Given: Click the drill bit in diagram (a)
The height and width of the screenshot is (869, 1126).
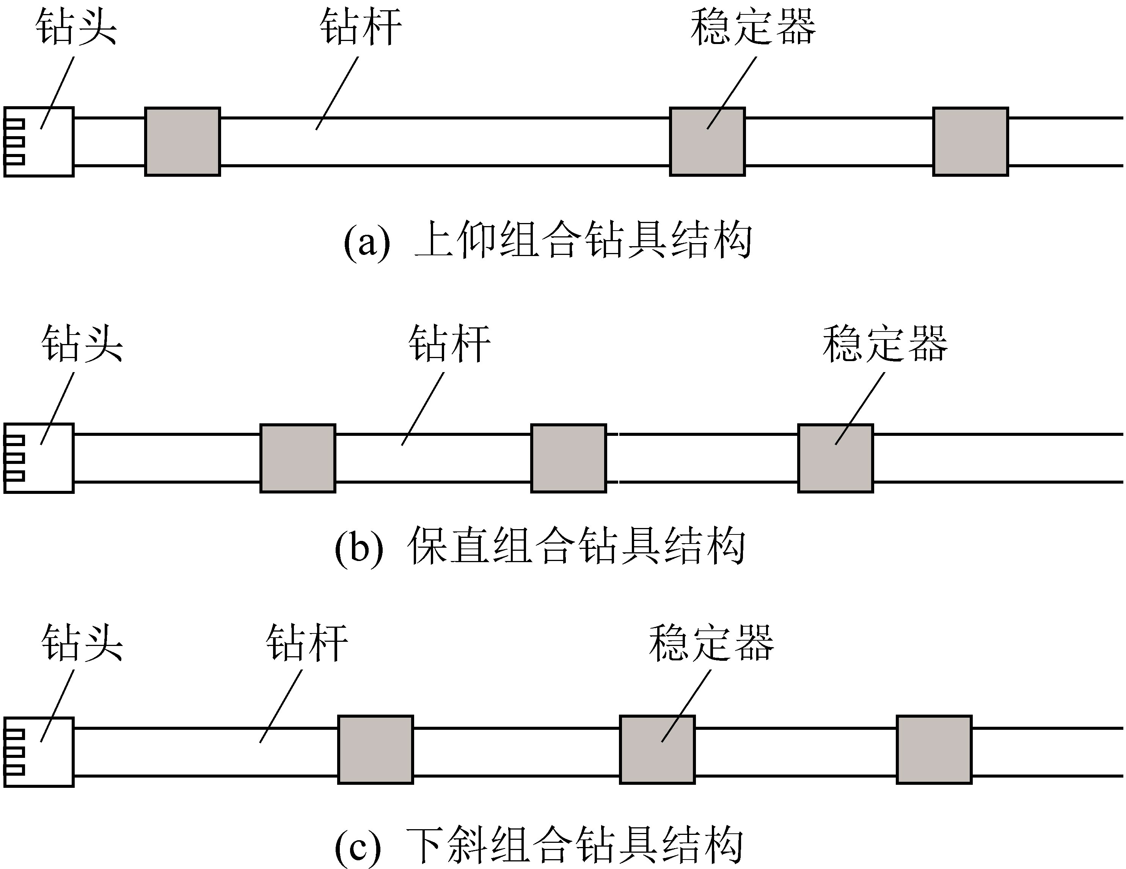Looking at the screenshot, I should pyautogui.click(x=39, y=142).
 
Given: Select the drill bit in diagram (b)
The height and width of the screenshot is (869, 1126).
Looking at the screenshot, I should pyautogui.click(x=39, y=458).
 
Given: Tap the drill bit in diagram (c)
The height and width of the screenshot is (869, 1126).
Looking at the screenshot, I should pyautogui.click(x=39, y=751).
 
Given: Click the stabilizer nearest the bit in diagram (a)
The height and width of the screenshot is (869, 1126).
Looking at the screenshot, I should pyautogui.click(x=182, y=142).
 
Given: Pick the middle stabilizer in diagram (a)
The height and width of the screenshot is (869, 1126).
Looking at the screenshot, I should pyautogui.click(x=707, y=142).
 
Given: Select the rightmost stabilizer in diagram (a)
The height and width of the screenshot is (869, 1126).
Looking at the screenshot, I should pyautogui.click(x=970, y=142).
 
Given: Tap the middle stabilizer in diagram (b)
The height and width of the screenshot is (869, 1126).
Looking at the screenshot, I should pyautogui.click(x=568, y=458).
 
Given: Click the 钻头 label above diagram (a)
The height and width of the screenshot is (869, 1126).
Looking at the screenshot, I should pyautogui.click(x=76, y=27).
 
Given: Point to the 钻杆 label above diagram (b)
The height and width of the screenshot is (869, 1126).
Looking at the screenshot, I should pyautogui.click(x=449, y=344).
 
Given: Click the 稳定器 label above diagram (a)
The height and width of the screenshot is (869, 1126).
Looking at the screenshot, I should pyautogui.click(x=753, y=27).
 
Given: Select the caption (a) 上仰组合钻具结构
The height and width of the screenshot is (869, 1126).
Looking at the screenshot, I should pyautogui.click(x=548, y=240).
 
